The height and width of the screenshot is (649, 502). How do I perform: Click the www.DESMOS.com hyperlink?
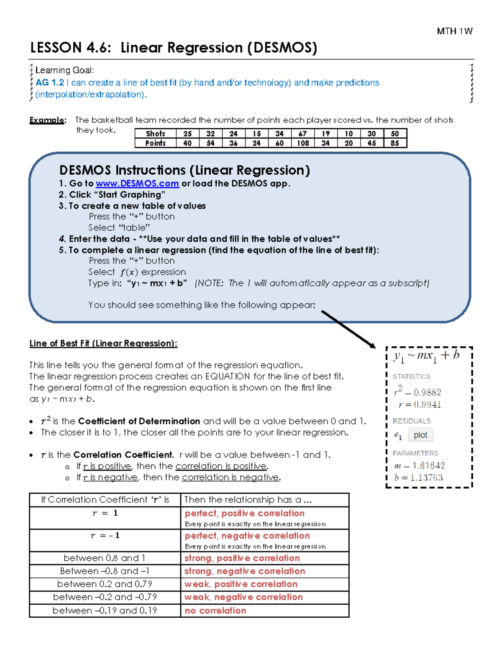137,183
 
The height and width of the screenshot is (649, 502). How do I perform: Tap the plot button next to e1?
420,435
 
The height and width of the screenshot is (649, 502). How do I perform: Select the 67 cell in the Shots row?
302,134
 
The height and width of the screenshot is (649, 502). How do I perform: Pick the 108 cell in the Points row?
302,143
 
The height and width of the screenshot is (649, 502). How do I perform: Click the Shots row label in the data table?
155,134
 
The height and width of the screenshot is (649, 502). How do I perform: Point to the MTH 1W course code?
454,31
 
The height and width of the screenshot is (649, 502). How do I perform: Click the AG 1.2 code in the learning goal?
50,83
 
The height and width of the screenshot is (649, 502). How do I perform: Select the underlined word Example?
47,120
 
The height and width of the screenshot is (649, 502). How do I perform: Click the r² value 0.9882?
427,392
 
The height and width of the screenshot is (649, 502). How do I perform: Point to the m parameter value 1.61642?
428,466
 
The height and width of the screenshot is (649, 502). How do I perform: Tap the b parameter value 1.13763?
426,478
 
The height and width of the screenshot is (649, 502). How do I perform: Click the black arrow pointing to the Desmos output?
348,329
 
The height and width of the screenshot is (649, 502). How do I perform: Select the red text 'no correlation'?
215,611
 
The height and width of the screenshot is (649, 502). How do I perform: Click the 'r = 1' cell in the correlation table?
105,513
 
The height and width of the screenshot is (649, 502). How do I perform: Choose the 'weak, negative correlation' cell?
243,597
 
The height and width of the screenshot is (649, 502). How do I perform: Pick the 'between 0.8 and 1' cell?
105,558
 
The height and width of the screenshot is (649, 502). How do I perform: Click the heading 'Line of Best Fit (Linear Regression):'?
103,344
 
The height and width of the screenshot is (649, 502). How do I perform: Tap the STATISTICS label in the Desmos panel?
411,377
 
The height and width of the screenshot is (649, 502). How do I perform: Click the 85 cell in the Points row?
394,143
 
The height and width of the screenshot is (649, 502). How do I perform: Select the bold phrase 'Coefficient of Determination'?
139,421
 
